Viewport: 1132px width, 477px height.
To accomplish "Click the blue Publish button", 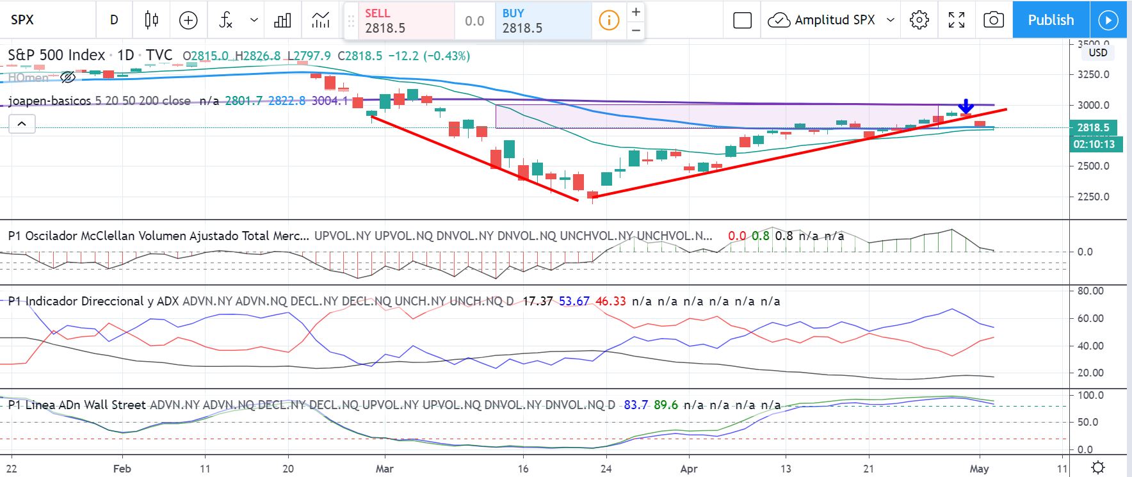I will (1051, 20).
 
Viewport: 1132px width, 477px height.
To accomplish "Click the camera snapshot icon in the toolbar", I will (993, 20).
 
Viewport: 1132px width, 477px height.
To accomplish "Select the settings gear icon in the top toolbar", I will (919, 20).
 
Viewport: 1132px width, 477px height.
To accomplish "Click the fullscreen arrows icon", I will (956, 20).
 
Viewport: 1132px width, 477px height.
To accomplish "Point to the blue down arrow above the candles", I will (966, 106).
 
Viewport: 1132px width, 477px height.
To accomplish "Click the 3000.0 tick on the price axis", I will (1093, 105).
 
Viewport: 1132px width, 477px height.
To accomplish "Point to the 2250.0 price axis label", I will (1093, 197).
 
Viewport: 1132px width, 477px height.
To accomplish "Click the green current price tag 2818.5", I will (1093, 127).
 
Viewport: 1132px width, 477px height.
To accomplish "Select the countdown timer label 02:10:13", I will (1094, 144).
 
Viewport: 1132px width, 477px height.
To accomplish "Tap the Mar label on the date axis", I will (384, 469).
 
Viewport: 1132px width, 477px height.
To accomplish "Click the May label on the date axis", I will (979, 469).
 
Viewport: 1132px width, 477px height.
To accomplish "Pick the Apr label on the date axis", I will (689, 469).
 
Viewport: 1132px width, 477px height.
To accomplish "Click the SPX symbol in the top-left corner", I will (22, 20).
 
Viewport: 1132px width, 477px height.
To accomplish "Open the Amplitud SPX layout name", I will (834, 20).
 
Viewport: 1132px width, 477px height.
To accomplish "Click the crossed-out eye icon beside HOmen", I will (67, 77).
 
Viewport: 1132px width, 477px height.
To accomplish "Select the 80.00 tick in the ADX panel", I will (1090, 291).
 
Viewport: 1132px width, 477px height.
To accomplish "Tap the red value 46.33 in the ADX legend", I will (611, 301).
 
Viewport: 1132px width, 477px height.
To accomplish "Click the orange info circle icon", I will (608, 20).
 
